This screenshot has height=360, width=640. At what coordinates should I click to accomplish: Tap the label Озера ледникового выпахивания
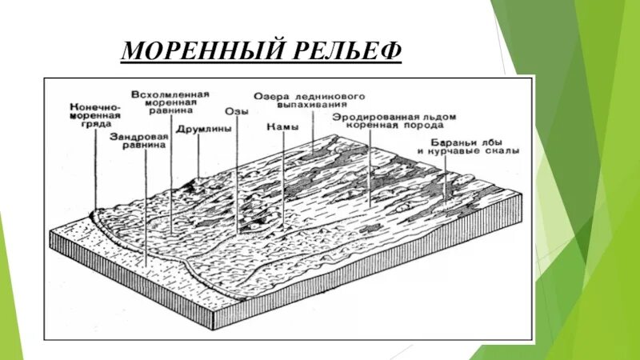[310, 99]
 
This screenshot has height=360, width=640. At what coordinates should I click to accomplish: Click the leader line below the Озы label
[238, 176]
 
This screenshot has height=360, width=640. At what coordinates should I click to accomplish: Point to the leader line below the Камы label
[282, 184]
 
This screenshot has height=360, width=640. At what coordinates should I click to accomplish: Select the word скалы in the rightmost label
[502, 150]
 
